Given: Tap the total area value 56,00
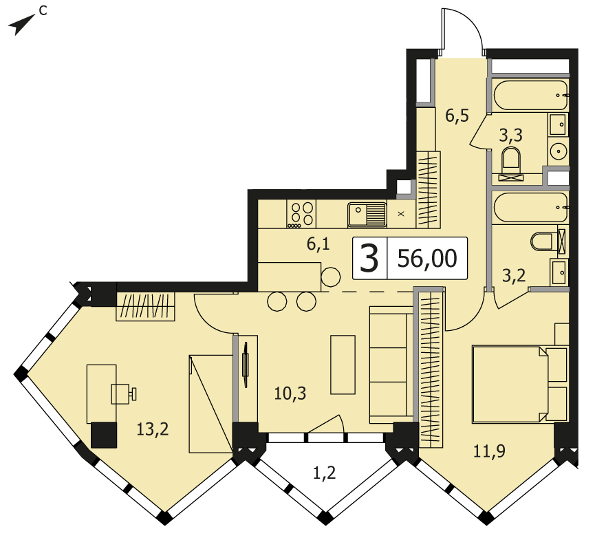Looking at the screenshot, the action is click(x=427, y=259).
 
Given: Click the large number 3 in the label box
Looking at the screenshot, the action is click(x=369, y=259).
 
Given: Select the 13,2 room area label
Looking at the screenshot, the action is click(x=152, y=429).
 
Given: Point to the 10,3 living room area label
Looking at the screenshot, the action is click(x=290, y=393).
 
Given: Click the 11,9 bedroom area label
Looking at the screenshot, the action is click(x=489, y=451).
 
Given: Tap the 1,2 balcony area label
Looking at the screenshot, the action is click(x=325, y=473).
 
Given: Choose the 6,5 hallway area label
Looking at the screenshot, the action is click(x=457, y=116).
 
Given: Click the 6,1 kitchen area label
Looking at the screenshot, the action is click(x=318, y=244).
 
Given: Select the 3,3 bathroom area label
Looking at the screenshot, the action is click(x=511, y=135).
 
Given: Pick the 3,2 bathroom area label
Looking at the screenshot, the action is click(x=514, y=276).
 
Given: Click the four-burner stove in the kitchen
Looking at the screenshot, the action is click(x=301, y=214).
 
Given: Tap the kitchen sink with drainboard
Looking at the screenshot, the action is click(x=367, y=215).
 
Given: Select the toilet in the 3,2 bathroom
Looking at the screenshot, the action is click(x=544, y=241).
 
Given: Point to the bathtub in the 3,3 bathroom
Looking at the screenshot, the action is click(x=531, y=95).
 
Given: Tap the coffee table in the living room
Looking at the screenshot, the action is click(x=343, y=365).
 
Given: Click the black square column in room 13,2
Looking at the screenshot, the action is click(x=104, y=435).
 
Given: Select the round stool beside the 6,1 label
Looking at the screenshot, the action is click(x=330, y=277).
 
